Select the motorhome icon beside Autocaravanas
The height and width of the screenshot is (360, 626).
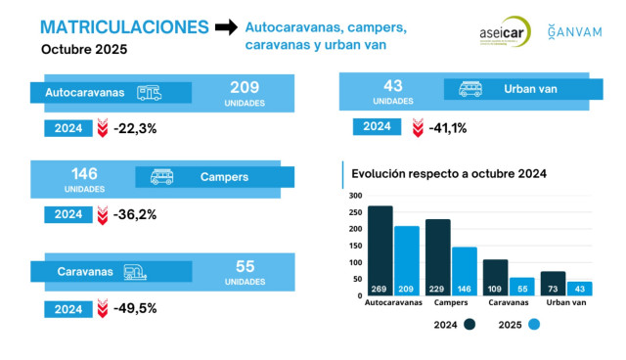pos(150,93)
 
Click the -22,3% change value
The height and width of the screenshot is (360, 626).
pos(135,127)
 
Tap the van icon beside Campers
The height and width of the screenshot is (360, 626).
pos(161,177)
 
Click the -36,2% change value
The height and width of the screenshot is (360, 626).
pos(135,213)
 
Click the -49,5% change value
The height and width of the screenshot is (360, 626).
pos(135,308)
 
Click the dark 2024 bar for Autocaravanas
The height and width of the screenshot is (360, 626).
pos(380,249)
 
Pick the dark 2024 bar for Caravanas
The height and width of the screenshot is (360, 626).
pos(496,277)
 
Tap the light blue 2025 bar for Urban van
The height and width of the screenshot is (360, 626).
pos(579,288)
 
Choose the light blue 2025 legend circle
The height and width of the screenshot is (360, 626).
pos(533,325)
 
